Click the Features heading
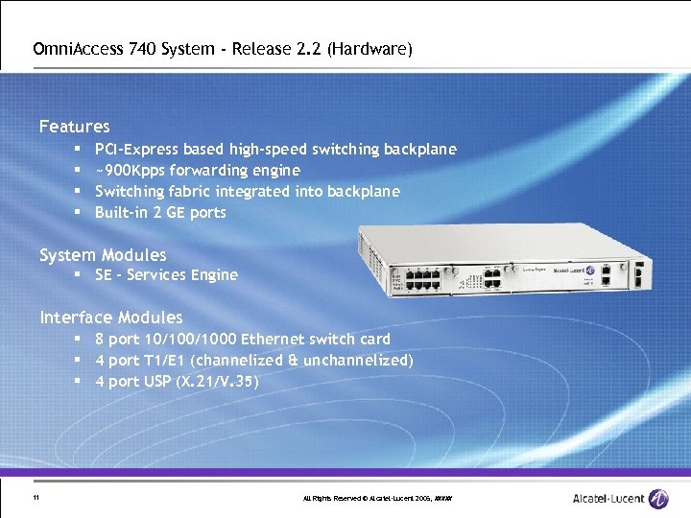coord(74,127)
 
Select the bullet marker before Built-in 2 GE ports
coord(77,213)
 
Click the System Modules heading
coord(103,255)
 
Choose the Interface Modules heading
coord(110,318)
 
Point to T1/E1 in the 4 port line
coord(163,361)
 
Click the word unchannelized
coord(358,361)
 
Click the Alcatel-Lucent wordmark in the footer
coord(608,499)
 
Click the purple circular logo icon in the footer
coord(658,499)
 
